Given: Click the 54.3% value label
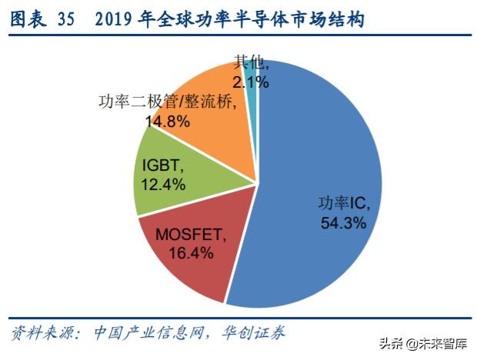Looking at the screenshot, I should tap(343, 222).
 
